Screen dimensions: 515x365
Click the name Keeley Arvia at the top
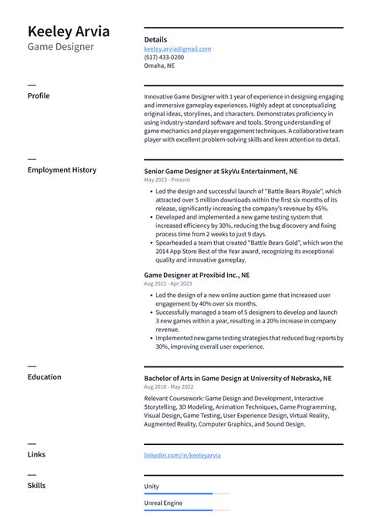pyautogui.click(x=69, y=32)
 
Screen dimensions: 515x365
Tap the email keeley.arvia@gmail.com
pyautogui.click(x=177, y=48)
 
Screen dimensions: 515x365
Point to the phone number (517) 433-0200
pyautogui.click(x=164, y=57)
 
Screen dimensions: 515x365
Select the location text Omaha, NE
pyautogui.click(x=159, y=65)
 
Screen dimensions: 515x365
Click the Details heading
pyautogui.click(x=156, y=39)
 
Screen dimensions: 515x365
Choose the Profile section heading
pyautogui.click(x=39, y=95)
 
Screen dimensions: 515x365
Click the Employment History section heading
pyautogui.click(x=62, y=169)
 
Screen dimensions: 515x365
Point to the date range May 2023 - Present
pyautogui.click(x=167, y=179)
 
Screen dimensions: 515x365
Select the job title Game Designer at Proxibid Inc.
pyautogui.click(x=196, y=275)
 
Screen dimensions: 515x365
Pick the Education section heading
pyautogui.click(x=45, y=377)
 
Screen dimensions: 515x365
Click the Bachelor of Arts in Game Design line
pyautogui.click(x=237, y=379)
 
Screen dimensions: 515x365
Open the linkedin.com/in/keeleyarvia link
pyautogui.click(x=182, y=455)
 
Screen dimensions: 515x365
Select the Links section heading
pyautogui.click(x=36, y=454)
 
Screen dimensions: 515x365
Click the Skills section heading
pyautogui.click(x=36, y=485)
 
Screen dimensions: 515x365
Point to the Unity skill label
pyautogui.click(x=152, y=487)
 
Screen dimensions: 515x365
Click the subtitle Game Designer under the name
pyautogui.click(x=61, y=47)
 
